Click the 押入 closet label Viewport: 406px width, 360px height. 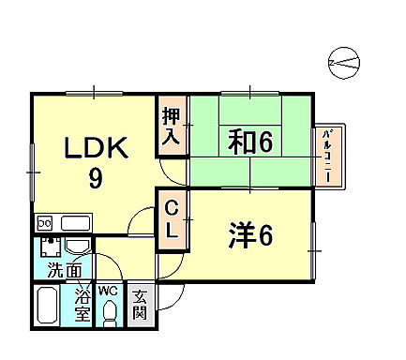[172, 127]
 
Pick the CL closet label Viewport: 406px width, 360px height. [172, 218]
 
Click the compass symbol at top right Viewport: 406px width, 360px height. [344, 63]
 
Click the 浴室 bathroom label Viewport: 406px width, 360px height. [82, 303]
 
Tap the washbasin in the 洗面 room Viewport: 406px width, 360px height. [78, 246]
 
